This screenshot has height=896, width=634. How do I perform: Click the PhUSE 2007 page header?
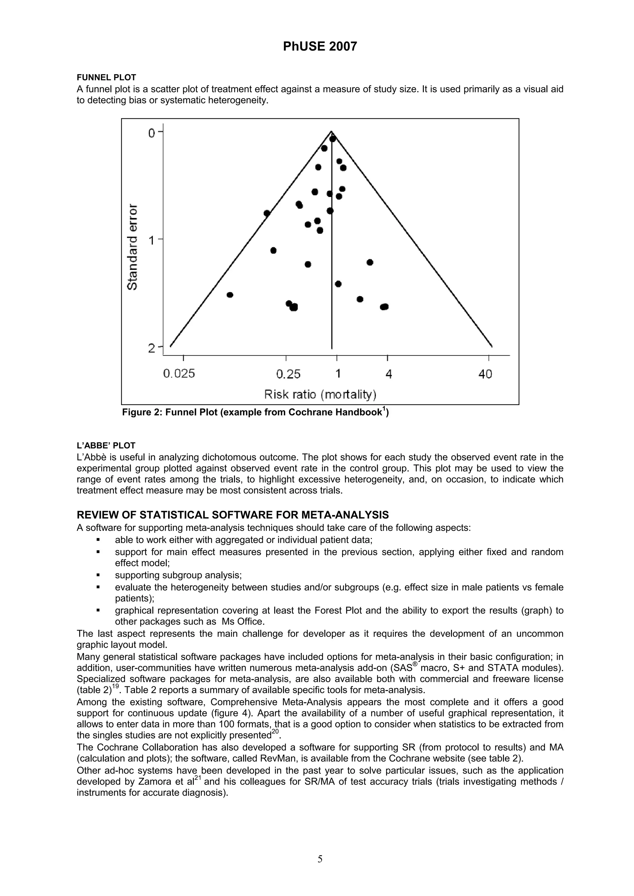click(x=319, y=47)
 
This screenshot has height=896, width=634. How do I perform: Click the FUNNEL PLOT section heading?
click(x=106, y=78)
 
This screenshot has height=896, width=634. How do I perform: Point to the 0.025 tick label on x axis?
click(x=179, y=374)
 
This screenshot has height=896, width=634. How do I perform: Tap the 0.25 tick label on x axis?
click(x=288, y=374)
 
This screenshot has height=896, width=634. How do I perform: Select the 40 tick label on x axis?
click(x=485, y=374)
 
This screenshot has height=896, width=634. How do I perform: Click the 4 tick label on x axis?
click(x=389, y=374)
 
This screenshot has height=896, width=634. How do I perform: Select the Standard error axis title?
click(x=133, y=247)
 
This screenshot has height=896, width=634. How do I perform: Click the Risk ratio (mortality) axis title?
click(x=320, y=395)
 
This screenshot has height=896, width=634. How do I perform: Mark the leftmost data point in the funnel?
click(x=230, y=295)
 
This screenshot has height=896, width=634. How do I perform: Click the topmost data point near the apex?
click(x=333, y=139)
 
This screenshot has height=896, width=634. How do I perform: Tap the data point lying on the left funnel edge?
click(x=267, y=213)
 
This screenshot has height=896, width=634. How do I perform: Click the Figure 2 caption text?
click(x=255, y=412)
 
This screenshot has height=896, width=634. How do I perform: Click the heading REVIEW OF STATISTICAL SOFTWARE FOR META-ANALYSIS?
click(x=232, y=515)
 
